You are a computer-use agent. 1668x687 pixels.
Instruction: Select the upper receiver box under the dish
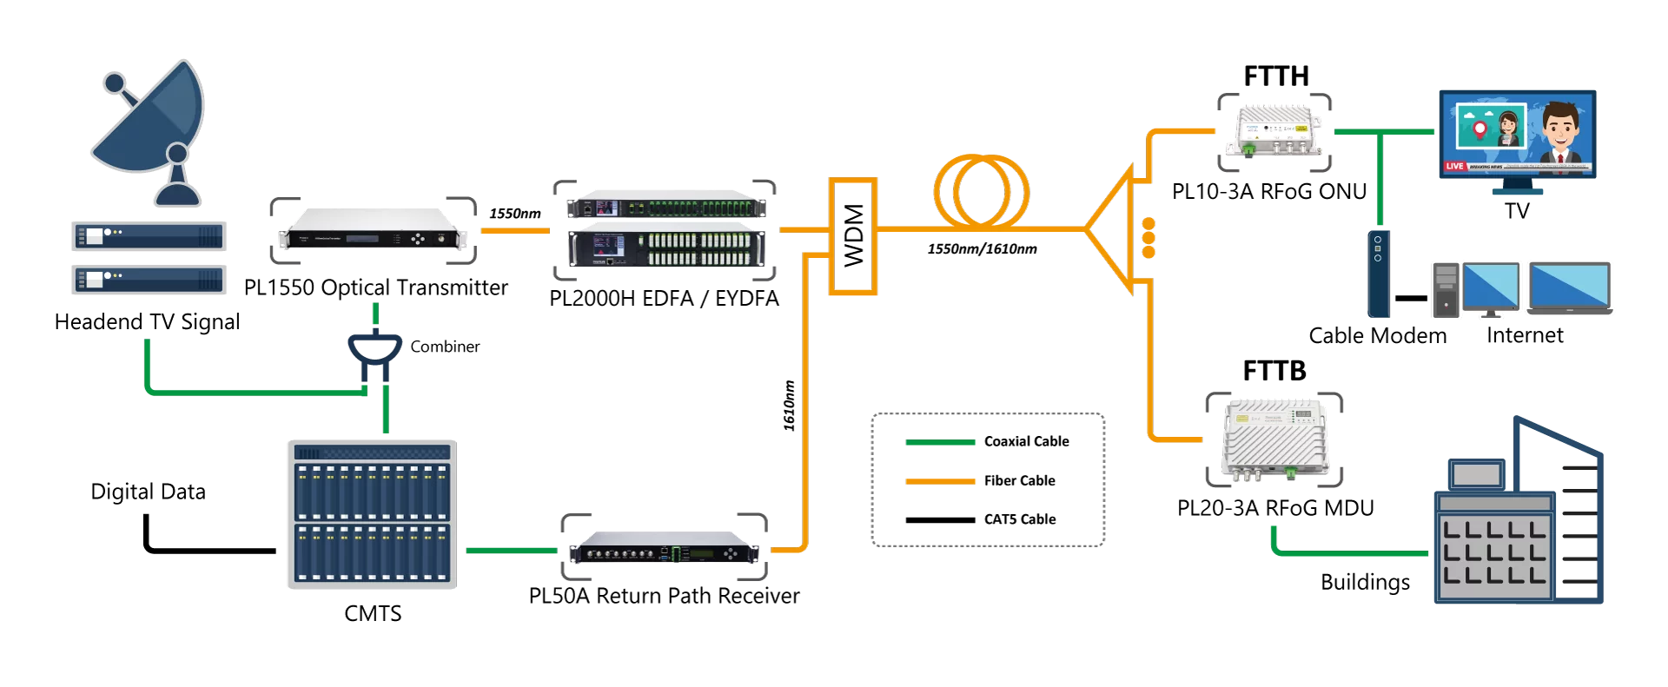pos(149,235)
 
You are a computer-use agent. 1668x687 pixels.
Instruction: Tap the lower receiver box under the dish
pos(149,280)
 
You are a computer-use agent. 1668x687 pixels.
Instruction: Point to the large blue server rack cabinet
pos(372,514)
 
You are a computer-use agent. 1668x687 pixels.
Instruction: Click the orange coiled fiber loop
pos(982,192)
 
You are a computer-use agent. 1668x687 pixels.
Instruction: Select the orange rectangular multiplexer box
pos(852,236)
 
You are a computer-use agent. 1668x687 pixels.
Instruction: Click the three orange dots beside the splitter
pos(1148,237)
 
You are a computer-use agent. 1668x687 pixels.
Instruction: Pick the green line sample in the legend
pos(940,443)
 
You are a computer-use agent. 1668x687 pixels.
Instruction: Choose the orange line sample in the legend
pos(940,481)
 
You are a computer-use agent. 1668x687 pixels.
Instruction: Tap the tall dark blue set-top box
pos(1379,274)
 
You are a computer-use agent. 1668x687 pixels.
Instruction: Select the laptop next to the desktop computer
pos(1570,287)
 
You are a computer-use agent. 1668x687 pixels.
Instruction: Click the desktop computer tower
pos(1446,290)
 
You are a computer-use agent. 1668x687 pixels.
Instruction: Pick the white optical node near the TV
pos(1274,131)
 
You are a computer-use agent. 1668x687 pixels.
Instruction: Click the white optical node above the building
pos(1274,439)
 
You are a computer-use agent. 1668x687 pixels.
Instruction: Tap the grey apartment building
pos(1516,521)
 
